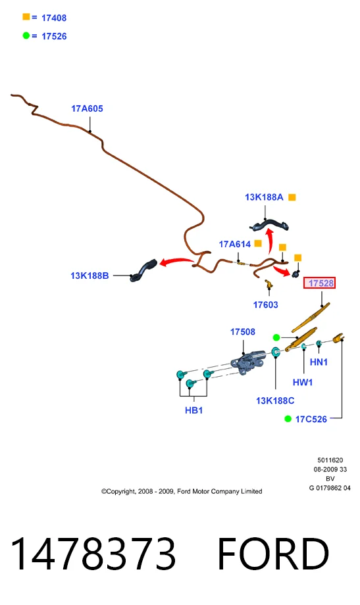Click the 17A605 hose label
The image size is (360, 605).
point(87,109)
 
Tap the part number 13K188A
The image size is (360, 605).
point(264,197)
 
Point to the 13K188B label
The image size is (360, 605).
point(90,276)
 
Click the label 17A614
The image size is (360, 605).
point(234,244)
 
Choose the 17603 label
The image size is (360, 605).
point(265,304)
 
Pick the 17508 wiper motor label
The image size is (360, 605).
point(243,332)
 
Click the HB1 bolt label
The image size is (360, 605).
point(193,410)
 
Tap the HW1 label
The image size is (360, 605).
point(303,382)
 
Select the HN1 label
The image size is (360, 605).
point(319,362)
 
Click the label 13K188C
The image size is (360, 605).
point(275,400)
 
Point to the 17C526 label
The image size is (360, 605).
point(311,419)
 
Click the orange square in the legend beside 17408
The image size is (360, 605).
point(26,16)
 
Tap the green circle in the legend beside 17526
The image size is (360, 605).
point(26,36)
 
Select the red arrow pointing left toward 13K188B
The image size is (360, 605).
point(176,262)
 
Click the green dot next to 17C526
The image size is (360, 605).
point(288,419)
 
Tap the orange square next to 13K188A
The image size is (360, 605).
point(292,197)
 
